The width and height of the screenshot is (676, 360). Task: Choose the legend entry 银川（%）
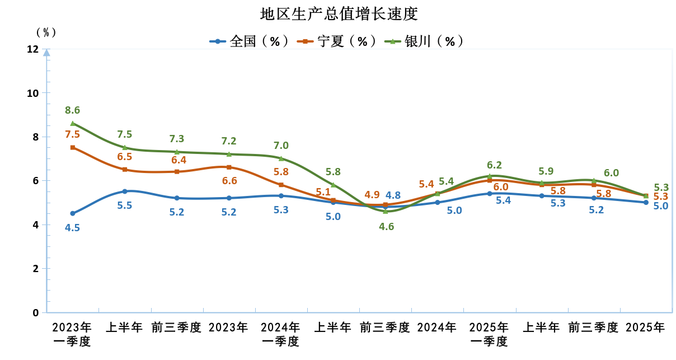point(425,41)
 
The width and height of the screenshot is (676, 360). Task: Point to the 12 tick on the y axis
point(33,49)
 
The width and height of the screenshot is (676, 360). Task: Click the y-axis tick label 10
point(33,93)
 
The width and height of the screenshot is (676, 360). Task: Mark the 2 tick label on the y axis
point(36,269)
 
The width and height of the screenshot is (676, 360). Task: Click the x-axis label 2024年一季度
point(281,334)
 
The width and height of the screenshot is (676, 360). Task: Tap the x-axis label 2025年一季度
point(489,334)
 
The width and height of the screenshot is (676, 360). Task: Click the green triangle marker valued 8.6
point(73,123)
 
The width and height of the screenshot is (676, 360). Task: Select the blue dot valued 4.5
point(73,213)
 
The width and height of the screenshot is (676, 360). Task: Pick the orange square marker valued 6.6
point(229,167)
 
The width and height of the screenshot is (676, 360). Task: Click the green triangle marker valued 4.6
point(385,211)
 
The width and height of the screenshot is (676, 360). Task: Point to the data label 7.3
point(177,139)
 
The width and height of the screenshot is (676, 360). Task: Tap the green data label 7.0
point(281,146)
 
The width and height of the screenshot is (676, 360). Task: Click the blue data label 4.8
point(393,195)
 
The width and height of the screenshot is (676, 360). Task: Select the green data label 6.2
point(494,165)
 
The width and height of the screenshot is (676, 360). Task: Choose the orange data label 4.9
point(372,195)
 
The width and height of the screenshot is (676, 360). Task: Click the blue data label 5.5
point(125,205)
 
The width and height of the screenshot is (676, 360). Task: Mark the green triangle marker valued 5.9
point(542,183)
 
